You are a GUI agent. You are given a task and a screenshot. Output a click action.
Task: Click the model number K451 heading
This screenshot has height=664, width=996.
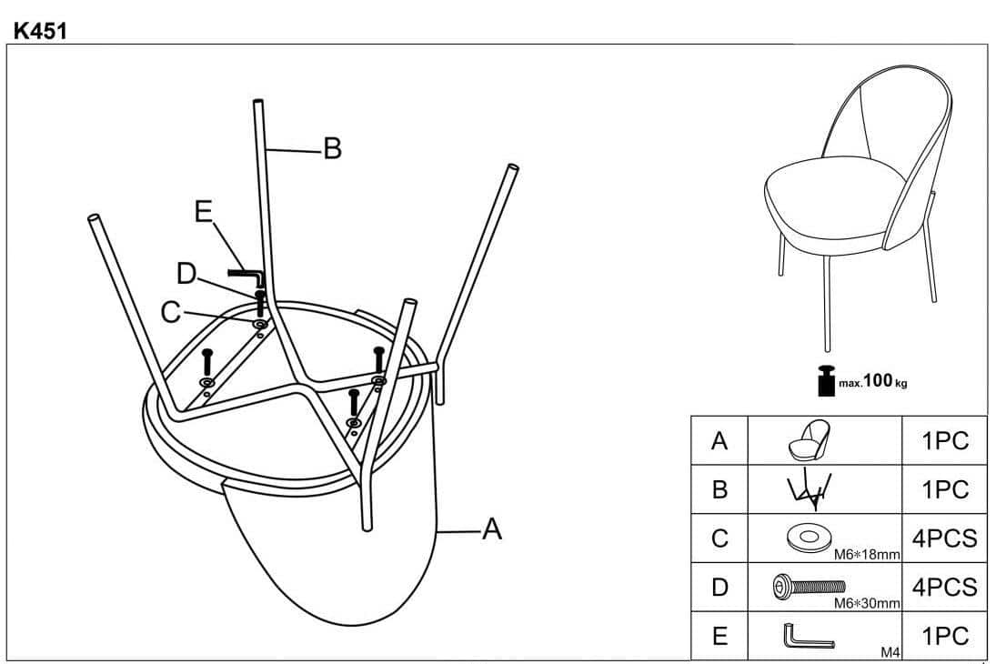(x=40, y=31)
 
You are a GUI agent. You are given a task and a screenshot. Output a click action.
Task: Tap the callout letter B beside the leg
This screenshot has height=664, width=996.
(x=332, y=148)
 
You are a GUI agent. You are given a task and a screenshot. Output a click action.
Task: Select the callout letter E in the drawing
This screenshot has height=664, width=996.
(x=203, y=211)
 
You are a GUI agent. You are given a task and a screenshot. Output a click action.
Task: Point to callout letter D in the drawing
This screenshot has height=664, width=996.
(x=186, y=274)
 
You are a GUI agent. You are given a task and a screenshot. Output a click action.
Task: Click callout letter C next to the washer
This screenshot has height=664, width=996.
(x=171, y=312)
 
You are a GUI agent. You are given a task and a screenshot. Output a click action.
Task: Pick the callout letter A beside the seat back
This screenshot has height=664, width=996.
(x=492, y=528)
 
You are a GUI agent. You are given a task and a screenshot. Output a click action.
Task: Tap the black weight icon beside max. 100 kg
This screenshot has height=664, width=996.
(x=826, y=380)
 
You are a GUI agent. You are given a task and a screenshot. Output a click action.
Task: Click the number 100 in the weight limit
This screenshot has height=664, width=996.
(x=878, y=380)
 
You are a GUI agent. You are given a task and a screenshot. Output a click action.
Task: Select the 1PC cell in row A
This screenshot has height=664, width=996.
(x=944, y=441)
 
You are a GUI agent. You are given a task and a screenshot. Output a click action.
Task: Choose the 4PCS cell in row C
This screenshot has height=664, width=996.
(x=944, y=538)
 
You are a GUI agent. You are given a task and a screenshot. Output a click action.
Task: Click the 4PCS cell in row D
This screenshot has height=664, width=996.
(x=944, y=587)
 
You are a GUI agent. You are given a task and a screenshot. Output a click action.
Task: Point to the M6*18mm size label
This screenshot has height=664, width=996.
(x=867, y=554)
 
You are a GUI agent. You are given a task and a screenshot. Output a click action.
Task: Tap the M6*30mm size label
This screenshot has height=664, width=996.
(x=867, y=603)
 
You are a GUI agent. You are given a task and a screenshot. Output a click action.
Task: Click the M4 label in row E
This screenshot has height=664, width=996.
(x=890, y=652)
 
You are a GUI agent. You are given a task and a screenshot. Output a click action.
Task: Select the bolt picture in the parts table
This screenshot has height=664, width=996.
(x=810, y=585)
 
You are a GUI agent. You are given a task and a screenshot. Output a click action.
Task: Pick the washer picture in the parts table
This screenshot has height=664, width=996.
(x=809, y=538)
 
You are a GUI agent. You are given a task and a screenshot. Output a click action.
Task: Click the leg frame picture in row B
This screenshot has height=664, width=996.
(x=809, y=489)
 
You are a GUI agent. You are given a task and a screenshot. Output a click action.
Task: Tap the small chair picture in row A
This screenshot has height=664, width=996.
(x=809, y=439)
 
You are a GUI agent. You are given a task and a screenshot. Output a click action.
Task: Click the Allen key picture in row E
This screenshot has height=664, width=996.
(x=808, y=637)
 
